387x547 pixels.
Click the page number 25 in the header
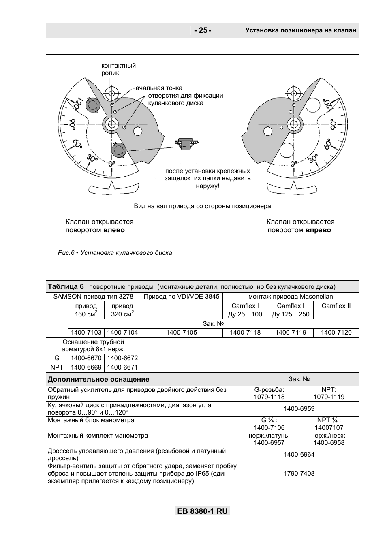202,30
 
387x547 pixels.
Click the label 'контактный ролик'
118,69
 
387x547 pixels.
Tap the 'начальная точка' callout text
157,88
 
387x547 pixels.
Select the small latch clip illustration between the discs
186,143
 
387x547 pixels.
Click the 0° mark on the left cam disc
112,163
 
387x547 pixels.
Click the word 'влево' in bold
114,230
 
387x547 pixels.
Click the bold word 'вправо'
318,230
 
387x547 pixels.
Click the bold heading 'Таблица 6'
66,286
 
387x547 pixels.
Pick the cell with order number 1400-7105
182,333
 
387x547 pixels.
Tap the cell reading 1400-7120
336,333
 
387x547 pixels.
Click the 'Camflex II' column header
336,306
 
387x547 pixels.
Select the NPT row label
57,367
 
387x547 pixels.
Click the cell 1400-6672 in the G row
122,358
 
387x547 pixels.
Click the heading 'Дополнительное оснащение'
98,380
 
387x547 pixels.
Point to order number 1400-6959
299,409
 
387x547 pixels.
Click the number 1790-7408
299,473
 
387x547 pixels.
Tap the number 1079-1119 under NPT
329,397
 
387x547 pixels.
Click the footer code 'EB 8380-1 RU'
202,511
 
